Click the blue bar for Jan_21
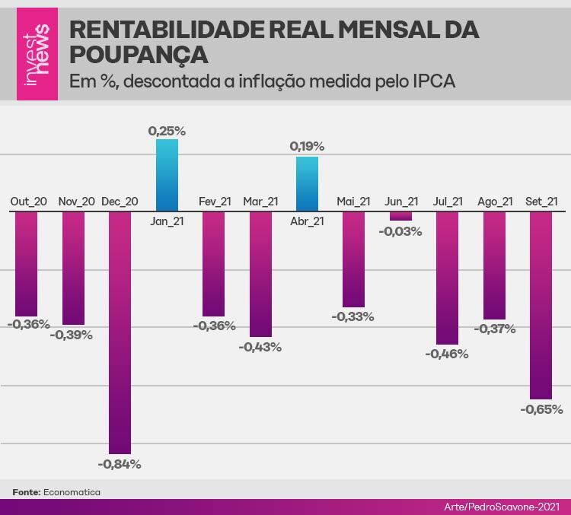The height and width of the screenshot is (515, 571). coord(167,175)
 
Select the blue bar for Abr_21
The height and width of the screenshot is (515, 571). coord(307,183)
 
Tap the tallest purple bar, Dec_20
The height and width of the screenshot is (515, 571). coord(120,332)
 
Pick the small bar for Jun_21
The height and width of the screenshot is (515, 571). coord(400,216)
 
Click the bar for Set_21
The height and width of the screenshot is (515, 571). coord(541,304)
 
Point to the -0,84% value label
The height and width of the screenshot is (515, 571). coord(120,464)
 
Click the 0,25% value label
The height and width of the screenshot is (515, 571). coord(167,131)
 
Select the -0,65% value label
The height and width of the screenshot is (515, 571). coord(541,409)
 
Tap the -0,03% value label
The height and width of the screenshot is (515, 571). coord(400,231)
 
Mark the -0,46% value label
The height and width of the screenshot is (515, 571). coord(448,354)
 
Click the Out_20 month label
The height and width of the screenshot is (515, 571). coord(29,202)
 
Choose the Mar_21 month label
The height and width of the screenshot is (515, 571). coord(260,202)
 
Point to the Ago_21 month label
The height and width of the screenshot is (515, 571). coord(495,202)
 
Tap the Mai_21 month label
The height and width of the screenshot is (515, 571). coord(353,202)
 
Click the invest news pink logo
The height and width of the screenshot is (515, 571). coord(37,50)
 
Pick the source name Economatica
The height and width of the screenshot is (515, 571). coord(72,492)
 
